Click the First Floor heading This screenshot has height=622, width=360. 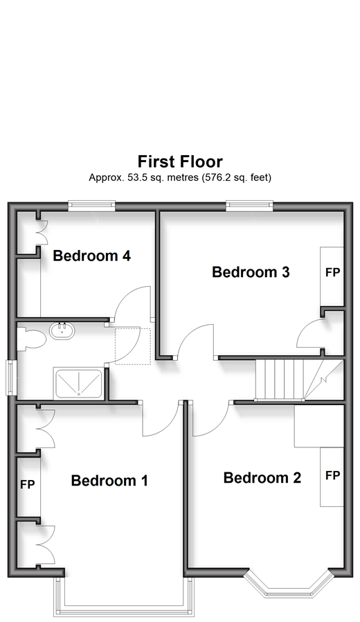click(180, 162)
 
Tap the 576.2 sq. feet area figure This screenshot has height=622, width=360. click(237, 177)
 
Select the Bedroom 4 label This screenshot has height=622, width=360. click(91, 256)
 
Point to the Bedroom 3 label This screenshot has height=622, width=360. click(251, 272)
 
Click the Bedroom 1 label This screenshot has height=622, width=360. click(109, 481)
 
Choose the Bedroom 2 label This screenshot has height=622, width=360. click(262, 478)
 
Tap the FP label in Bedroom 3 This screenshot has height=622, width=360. click(332, 272)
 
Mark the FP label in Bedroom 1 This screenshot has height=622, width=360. click(28, 484)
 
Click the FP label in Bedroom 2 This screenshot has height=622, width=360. click(332, 475)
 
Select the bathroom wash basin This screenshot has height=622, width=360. click(62, 331)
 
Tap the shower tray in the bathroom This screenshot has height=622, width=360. click(78, 383)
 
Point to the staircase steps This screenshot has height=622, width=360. click(299, 380)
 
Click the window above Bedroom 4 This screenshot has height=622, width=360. click(91, 206)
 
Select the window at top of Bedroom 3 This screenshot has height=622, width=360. click(249, 206)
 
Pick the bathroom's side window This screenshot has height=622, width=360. click(11, 377)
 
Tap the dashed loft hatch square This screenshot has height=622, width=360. click(133, 346)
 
